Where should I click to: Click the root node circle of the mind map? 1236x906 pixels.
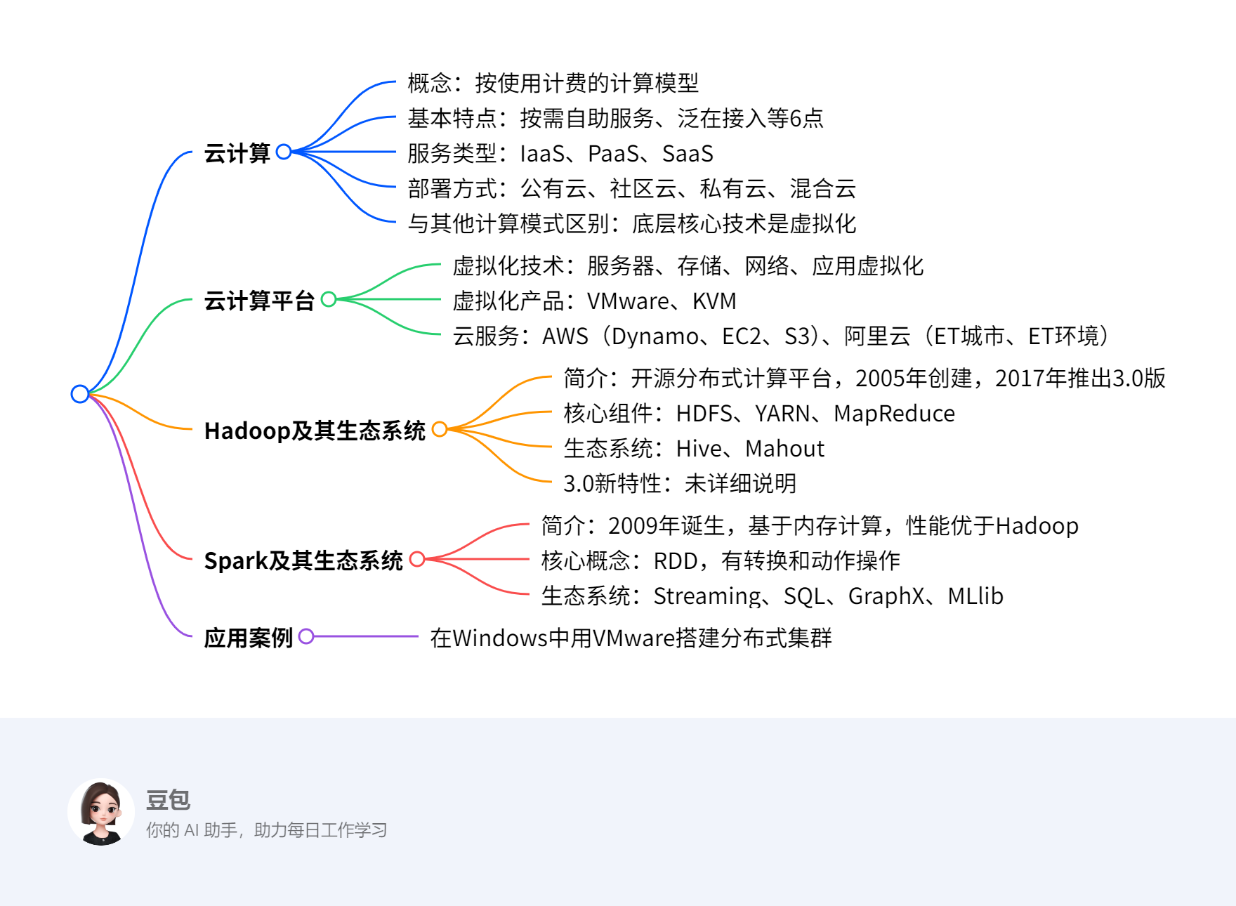80,394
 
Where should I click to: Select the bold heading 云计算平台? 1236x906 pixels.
259,301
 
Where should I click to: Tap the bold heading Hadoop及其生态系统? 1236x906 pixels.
315,431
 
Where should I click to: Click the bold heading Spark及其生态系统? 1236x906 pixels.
303,560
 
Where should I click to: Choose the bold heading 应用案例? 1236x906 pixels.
248,638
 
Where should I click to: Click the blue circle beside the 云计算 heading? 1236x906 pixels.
284,152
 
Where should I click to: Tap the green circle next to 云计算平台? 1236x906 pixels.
329,299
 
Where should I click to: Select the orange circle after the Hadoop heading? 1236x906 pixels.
440,429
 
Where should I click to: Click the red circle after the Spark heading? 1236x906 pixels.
417,559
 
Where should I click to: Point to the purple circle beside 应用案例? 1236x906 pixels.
306,636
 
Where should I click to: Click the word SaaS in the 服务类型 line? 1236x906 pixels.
688,154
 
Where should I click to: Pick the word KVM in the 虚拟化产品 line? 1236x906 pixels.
714,301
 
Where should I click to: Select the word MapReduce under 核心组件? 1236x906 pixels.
894,414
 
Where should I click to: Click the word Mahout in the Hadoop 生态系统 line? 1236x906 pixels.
784,449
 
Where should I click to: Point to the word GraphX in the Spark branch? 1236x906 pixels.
886,596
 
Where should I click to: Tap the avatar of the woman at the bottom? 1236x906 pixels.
101,812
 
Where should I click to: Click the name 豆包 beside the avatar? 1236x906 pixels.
168,800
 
